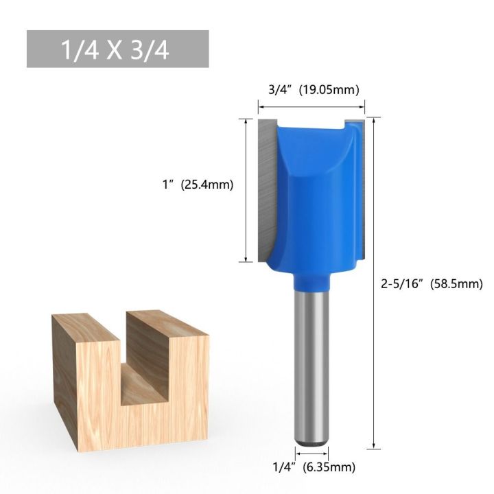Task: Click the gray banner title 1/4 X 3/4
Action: (x=117, y=49)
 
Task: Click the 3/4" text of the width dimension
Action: (x=281, y=89)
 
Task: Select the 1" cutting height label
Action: (x=167, y=185)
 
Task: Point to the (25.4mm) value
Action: (x=207, y=185)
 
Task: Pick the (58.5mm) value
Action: (x=457, y=283)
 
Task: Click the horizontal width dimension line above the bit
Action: (x=311, y=106)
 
